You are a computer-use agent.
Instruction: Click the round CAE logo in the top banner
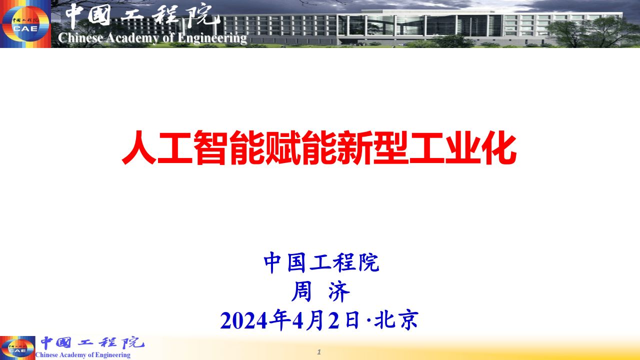(x=25, y=24)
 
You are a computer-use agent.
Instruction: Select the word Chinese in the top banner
(x=78, y=37)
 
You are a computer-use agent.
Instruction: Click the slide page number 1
(x=319, y=352)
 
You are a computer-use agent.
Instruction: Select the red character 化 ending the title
(x=498, y=147)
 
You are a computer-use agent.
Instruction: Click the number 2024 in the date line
(x=243, y=320)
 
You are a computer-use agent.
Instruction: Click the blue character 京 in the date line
(x=408, y=320)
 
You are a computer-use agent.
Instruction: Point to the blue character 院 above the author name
(x=369, y=263)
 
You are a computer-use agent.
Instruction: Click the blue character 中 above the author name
(x=273, y=263)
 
